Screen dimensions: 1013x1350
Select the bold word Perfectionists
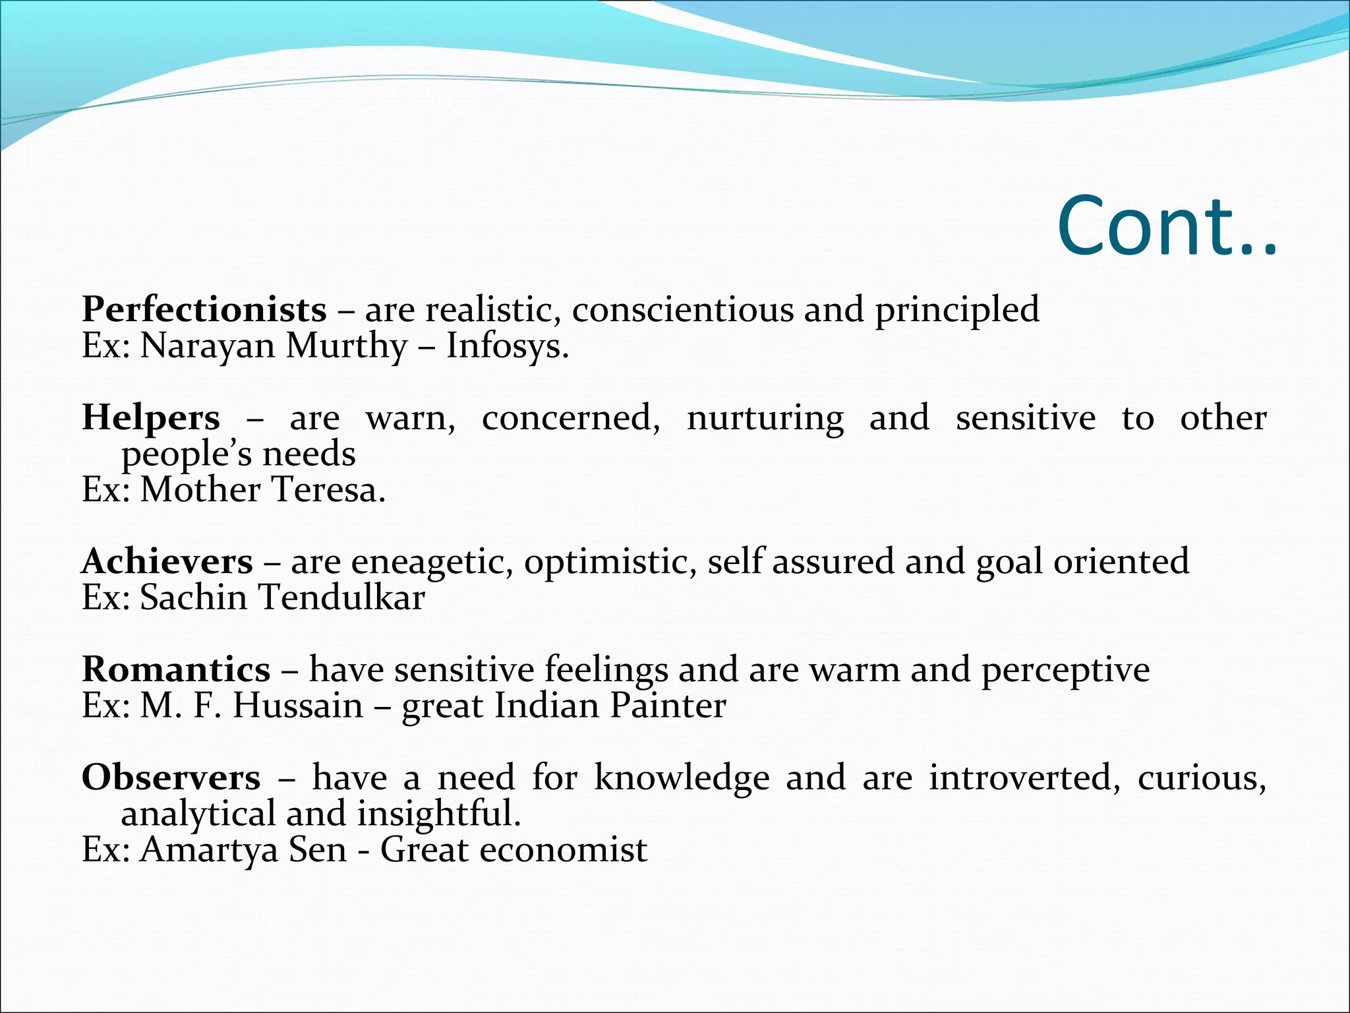(x=204, y=309)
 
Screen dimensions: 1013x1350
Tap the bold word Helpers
(x=150, y=417)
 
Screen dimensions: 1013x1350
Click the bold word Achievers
(x=167, y=562)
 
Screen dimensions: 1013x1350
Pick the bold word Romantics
(x=176, y=669)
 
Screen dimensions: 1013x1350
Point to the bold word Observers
(x=171, y=778)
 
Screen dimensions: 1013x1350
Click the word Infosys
(x=507, y=346)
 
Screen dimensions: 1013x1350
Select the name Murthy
(x=347, y=346)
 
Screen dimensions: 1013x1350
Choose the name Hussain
(x=298, y=706)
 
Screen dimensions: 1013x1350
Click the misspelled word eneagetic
(x=432, y=562)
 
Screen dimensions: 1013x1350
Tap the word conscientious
(x=682, y=309)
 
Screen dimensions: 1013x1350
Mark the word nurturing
(x=765, y=417)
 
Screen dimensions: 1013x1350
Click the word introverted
(x=1024, y=778)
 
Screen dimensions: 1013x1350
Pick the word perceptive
(x=1065, y=669)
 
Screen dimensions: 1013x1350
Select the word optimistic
(x=610, y=562)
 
